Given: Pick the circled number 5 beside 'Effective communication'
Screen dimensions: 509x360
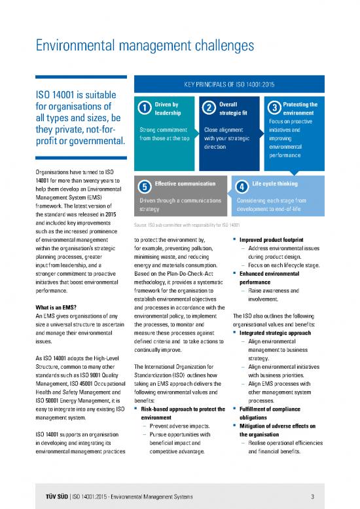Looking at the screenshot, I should (143, 186).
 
